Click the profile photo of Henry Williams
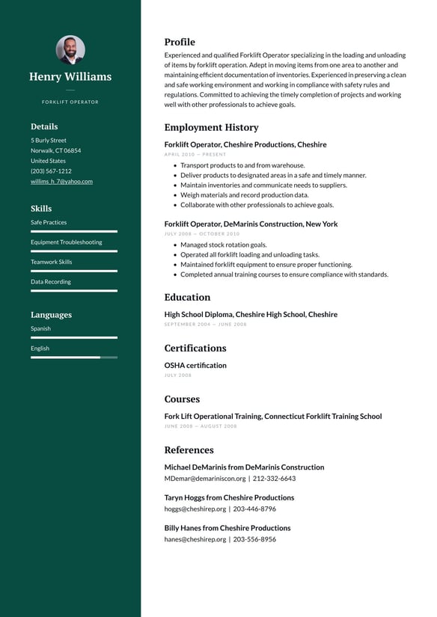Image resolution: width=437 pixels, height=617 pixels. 70,49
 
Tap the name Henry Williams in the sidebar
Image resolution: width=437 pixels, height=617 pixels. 70,76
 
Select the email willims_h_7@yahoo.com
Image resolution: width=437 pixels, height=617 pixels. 61,181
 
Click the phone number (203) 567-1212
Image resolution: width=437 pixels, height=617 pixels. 51,171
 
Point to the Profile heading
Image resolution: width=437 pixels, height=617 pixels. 180,42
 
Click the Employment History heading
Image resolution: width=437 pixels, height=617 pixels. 211,127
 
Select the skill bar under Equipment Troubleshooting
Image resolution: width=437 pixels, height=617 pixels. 73,251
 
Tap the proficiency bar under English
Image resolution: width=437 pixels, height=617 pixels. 73,357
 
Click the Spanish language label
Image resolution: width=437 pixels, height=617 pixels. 41,328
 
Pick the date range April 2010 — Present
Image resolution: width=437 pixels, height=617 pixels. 195,154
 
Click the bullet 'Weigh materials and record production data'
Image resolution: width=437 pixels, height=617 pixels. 244,194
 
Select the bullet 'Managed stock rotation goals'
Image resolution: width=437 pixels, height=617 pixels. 223,245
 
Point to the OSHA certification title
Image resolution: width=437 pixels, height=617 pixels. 195,365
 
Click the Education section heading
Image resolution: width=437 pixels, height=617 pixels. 187,297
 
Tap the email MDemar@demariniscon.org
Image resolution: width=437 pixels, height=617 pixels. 204,478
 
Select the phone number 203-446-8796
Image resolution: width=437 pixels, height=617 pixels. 254,509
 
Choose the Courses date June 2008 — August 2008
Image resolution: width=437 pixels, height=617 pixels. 201,426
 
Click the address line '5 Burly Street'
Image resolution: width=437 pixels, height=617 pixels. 49,140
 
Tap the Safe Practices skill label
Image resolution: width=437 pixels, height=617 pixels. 49,222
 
